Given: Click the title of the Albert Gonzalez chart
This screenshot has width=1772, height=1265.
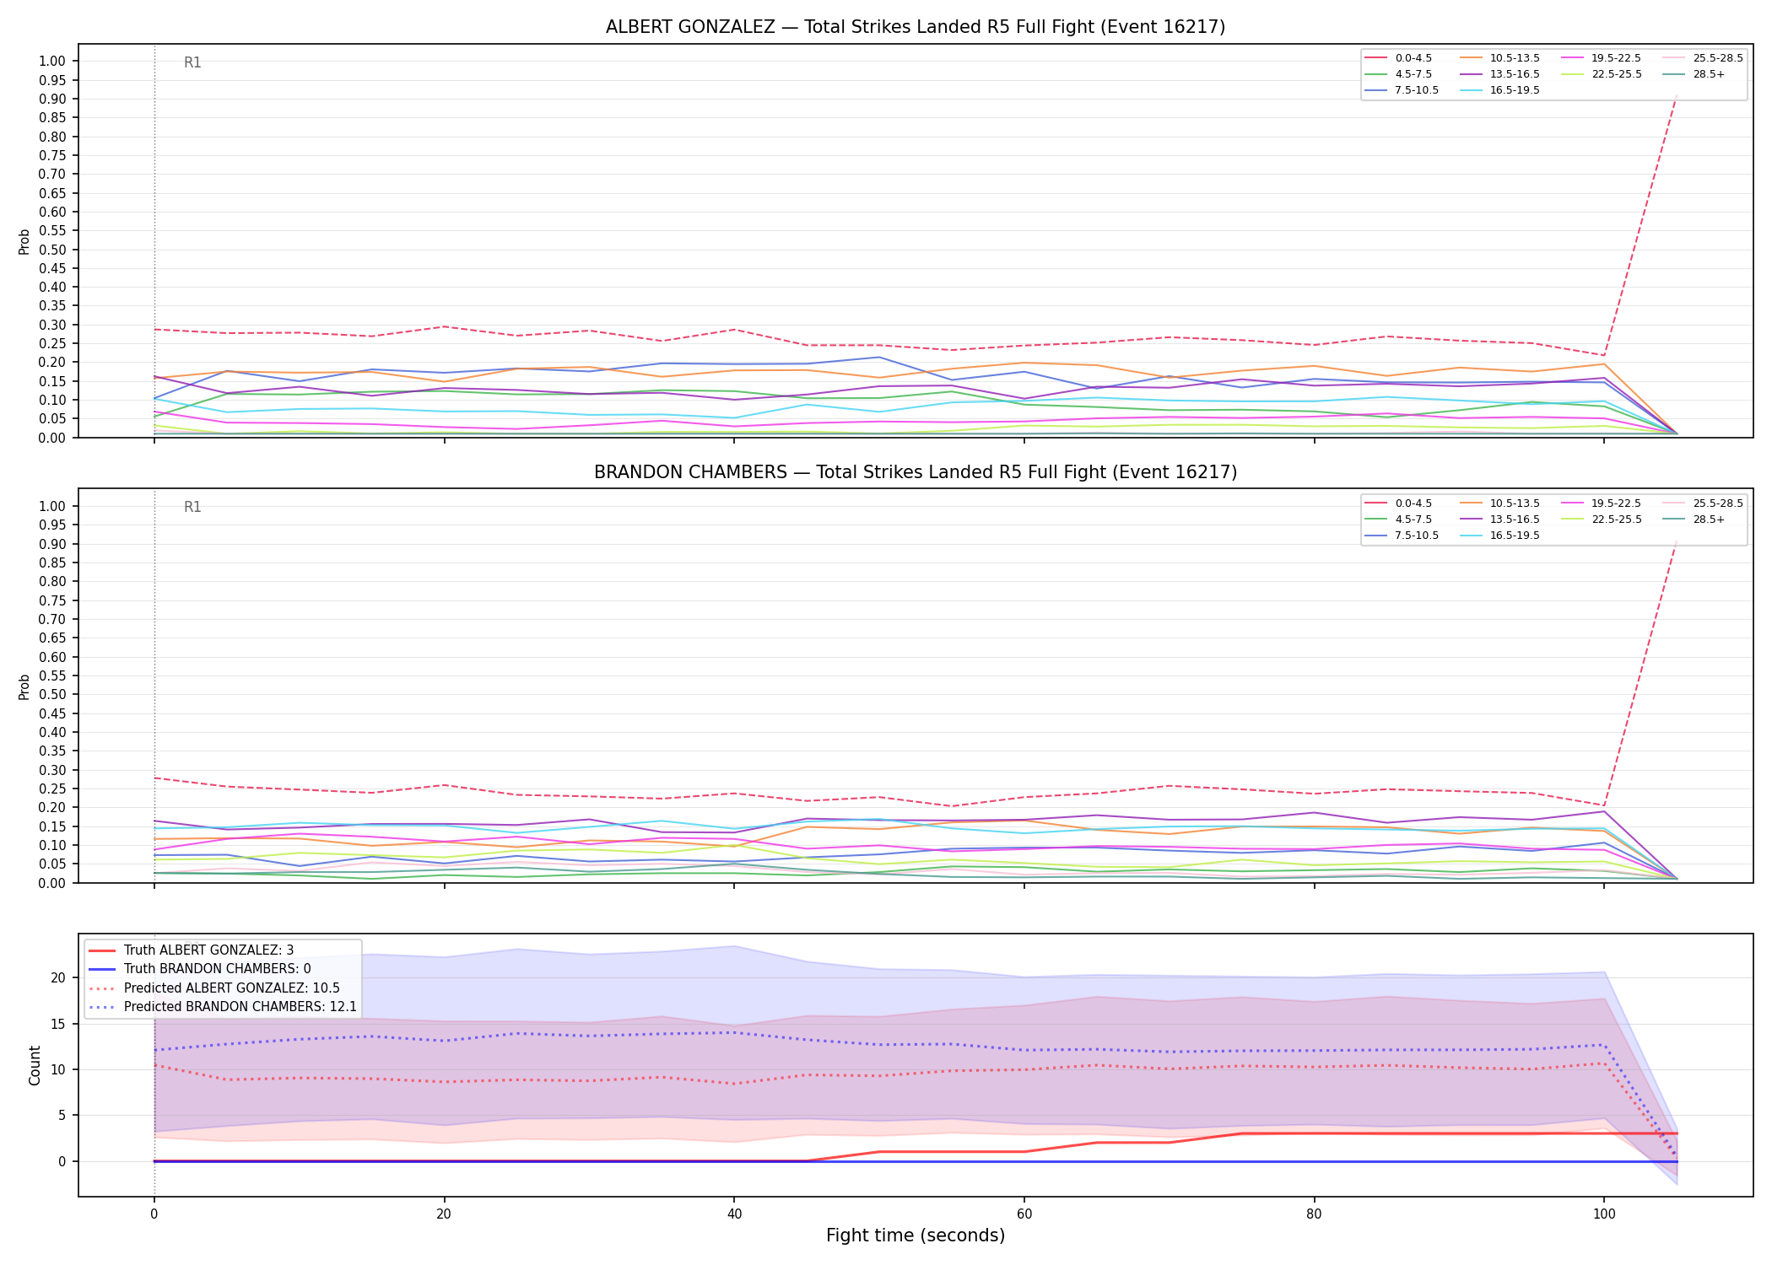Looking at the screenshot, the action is (x=916, y=27).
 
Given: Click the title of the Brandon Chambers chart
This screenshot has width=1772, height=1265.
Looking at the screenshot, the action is (x=916, y=472).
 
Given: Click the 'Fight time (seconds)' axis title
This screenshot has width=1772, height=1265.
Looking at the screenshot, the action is (x=916, y=1235).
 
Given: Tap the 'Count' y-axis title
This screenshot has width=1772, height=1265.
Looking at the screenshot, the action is (x=35, y=1065).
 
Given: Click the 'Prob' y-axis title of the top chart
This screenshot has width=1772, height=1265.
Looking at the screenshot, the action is (x=24, y=241).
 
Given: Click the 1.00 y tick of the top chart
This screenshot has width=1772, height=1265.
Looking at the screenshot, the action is (x=52, y=62).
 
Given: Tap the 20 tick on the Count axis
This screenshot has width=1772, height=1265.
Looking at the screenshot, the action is (x=58, y=978).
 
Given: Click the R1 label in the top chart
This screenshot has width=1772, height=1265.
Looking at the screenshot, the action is (x=192, y=62).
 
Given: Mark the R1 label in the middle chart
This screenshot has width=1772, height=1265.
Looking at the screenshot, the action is (x=192, y=507).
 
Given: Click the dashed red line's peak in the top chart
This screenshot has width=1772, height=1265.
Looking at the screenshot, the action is (x=1676, y=95).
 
